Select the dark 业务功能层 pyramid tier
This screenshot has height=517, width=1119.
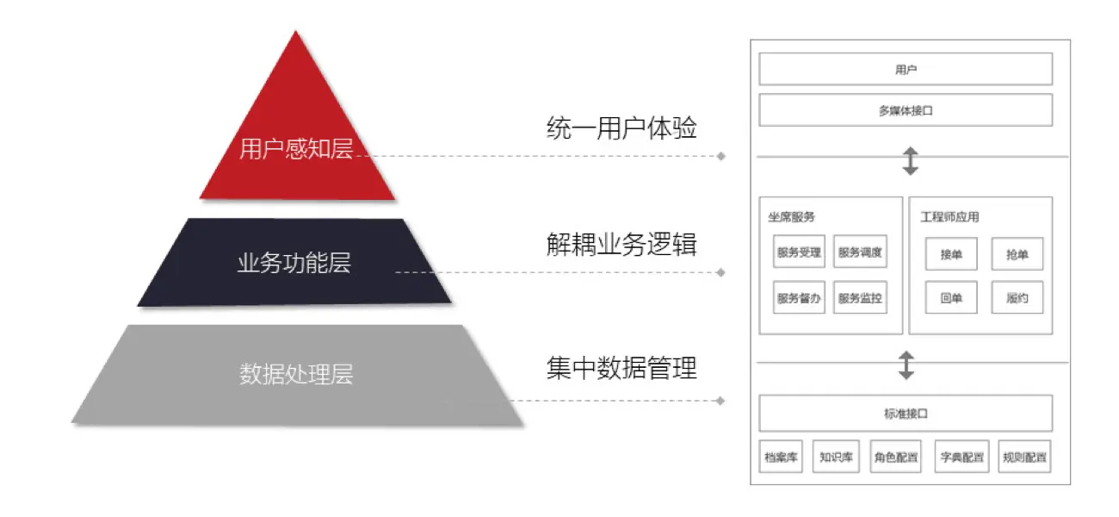[x=294, y=262]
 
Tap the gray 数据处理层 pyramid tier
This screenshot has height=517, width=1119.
[x=297, y=375]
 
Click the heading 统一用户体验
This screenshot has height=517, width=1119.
[x=621, y=128]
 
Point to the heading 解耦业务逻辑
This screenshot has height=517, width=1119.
[x=621, y=245]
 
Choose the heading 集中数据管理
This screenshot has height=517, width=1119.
[x=621, y=368]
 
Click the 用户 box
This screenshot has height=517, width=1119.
[x=906, y=69]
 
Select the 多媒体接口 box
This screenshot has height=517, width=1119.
[x=906, y=110]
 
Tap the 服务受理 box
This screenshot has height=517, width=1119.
[x=799, y=252]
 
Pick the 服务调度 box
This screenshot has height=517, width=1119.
[x=860, y=252]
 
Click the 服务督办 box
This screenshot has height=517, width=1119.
[x=799, y=297]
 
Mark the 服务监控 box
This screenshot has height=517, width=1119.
[x=860, y=297]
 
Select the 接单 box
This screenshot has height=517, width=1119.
[x=951, y=254]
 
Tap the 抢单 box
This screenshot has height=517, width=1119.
[x=1017, y=254]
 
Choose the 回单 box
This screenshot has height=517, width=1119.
[x=951, y=297]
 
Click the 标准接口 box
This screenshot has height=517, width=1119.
[x=906, y=414]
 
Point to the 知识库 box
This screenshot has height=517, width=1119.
[x=836, y=457]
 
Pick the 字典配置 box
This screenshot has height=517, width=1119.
[x=962, y=457]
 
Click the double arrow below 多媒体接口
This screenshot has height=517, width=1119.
[x=911, y=161]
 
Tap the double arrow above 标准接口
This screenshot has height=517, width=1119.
[x=906, y=365]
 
